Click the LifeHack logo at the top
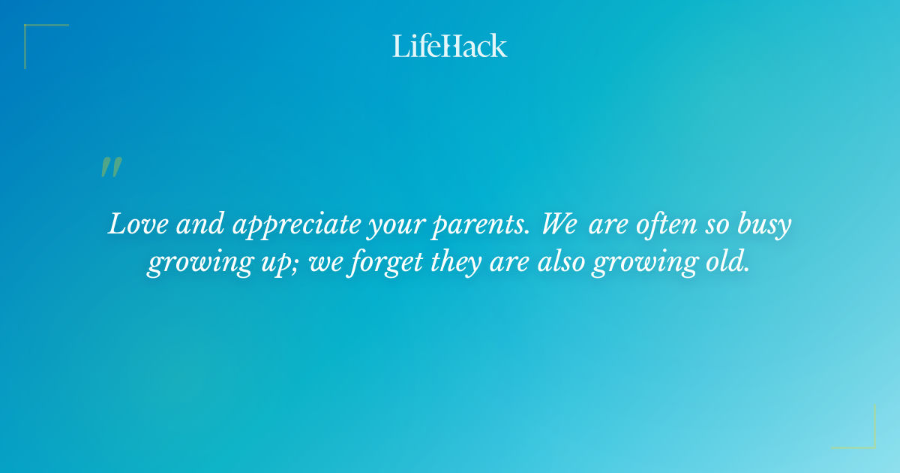coord(449,46)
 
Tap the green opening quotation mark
coord(110,167)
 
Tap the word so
coord(716,226)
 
